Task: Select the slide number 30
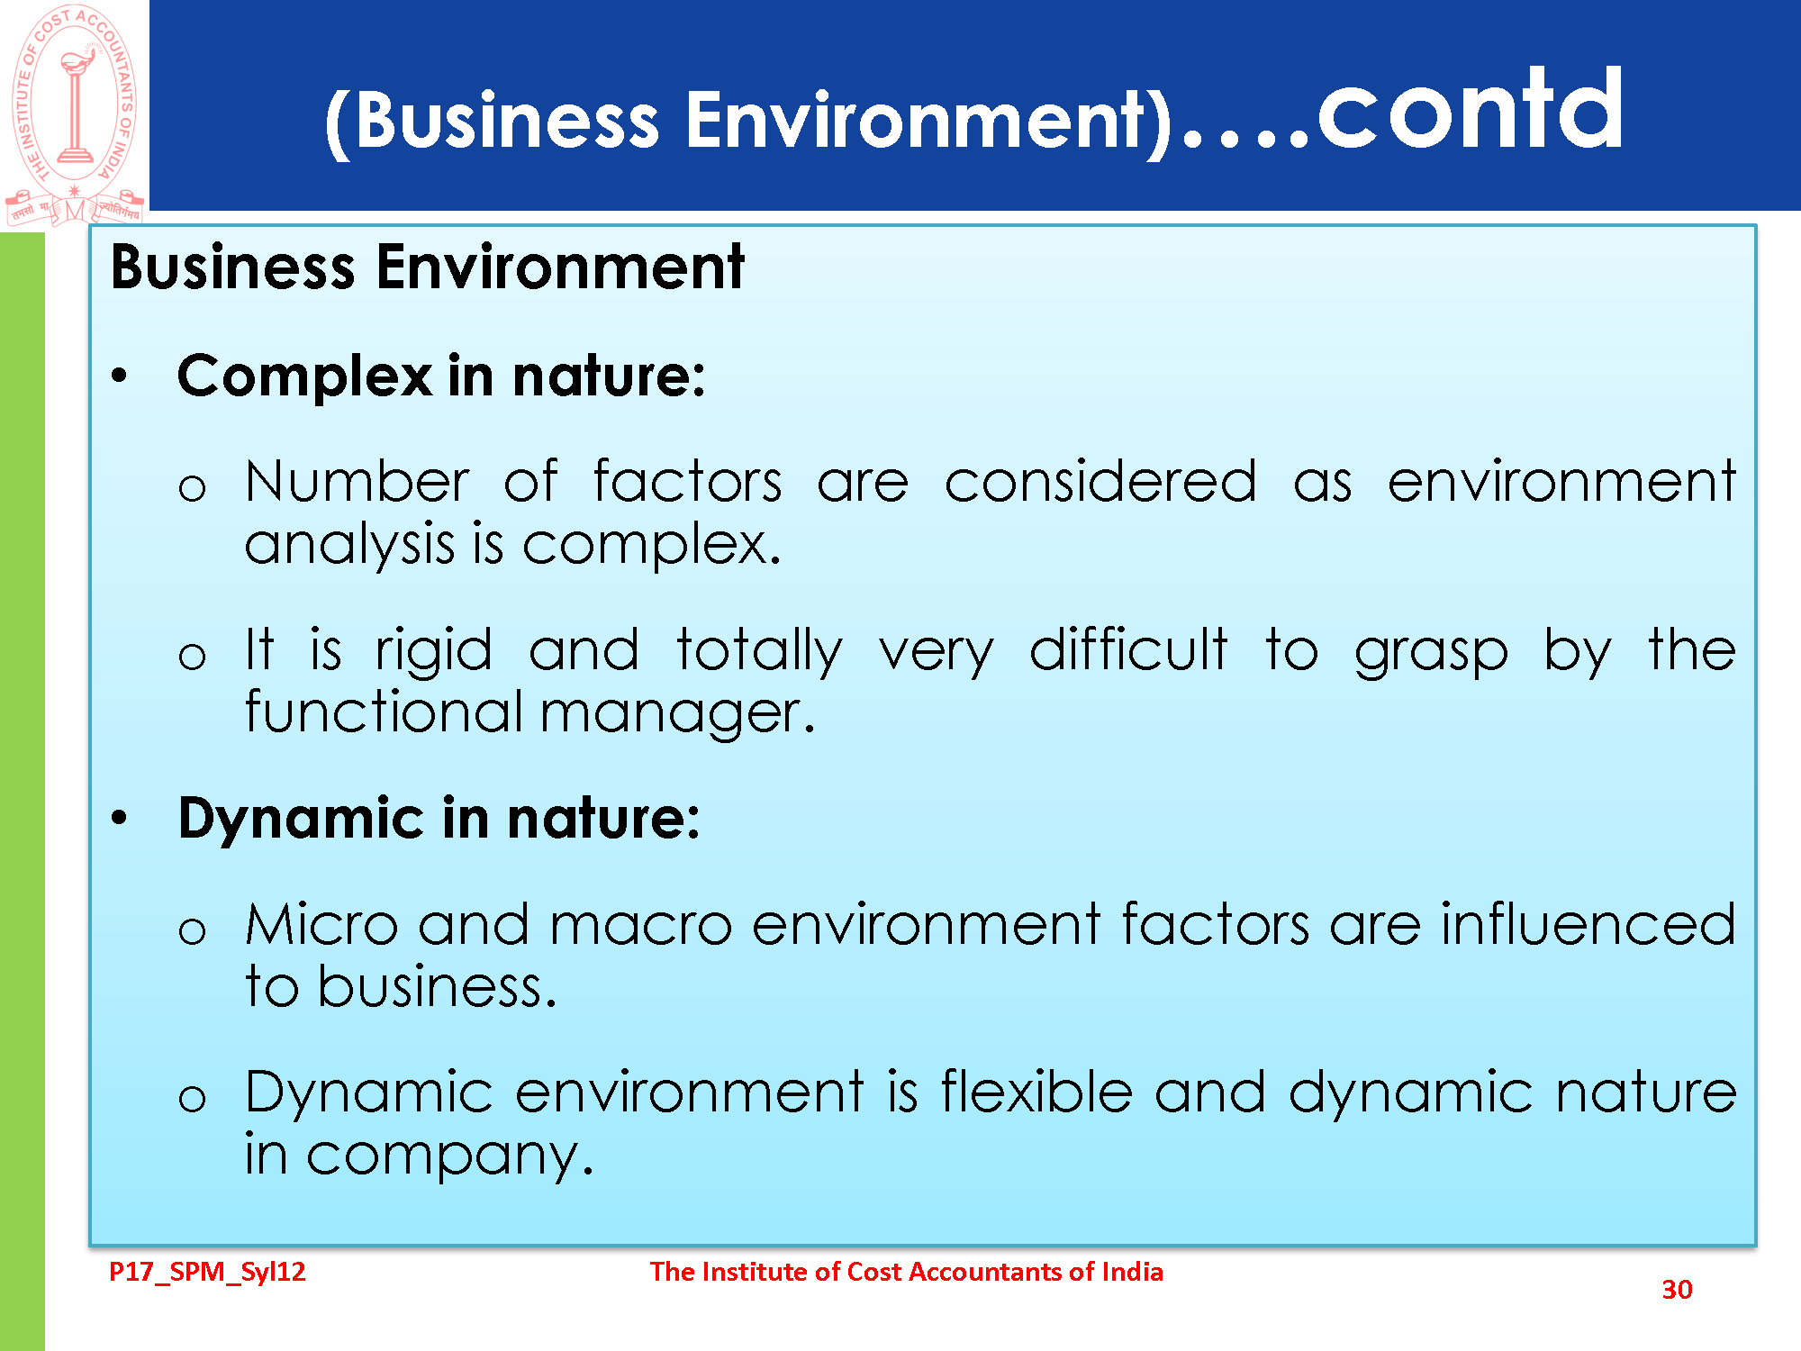tap(1677, 1290)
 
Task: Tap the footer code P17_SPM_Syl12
tap(207, 1272)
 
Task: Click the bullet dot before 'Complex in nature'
tap(119, 376)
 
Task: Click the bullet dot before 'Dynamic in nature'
tap(119, 818)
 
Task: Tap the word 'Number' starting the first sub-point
tap(357, 481)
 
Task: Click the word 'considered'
tap(1100, 481)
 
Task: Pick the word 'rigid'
tap(434, 652)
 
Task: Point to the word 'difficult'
tap(1128, 648)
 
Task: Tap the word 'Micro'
tap(321, 924)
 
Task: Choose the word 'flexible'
tap(1036, 1092)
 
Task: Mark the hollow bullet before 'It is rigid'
tap(192, 657)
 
